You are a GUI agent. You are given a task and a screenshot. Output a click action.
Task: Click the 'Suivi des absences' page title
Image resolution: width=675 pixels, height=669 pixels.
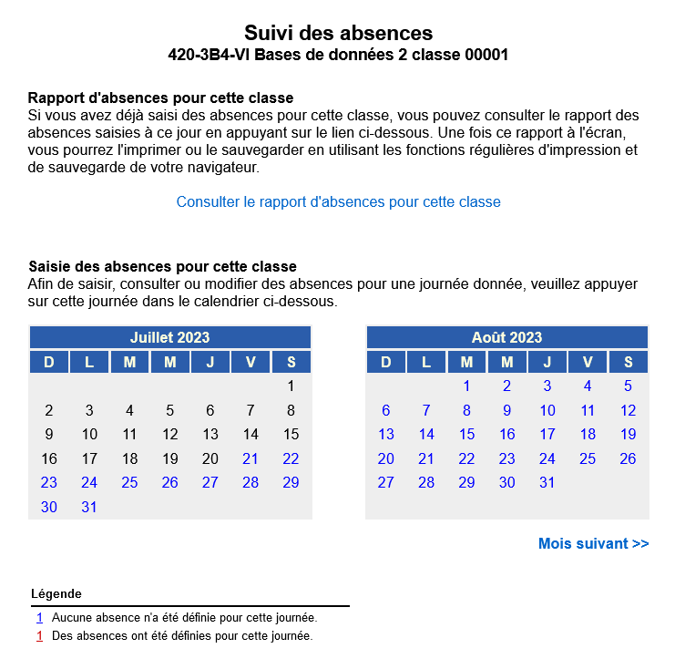[338, 34]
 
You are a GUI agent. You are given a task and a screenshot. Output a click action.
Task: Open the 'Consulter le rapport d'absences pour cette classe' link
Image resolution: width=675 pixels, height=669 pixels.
[338, 201]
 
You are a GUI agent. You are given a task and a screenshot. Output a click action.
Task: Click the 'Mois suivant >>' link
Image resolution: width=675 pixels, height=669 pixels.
[593, 543]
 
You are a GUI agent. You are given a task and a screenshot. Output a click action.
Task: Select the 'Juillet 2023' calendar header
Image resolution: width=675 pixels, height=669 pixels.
[169, 337]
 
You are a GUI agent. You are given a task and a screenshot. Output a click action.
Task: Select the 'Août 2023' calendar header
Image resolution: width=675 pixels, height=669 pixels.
[506, 337]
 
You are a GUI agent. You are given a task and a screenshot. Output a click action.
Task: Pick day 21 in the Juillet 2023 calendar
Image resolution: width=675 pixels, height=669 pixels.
[251, 458]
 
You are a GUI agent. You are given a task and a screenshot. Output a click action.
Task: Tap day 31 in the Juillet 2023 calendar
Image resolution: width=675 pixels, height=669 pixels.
[89, 507]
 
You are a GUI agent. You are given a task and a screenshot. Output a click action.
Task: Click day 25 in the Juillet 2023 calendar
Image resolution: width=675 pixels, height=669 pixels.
[129, 482]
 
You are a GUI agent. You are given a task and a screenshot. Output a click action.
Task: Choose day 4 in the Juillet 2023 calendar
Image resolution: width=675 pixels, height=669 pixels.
[129, 410]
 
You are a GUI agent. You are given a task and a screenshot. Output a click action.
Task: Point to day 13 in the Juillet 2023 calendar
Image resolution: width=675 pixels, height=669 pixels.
[210, 434]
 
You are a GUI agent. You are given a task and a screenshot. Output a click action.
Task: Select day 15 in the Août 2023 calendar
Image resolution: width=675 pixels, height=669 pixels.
[466, 434]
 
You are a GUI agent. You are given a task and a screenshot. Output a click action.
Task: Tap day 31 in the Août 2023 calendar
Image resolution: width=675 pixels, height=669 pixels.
[547, 482]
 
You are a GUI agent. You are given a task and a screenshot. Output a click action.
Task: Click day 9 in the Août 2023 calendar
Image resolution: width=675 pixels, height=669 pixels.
[506, 410]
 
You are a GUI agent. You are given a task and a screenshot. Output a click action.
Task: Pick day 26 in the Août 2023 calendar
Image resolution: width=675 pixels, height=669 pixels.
[628, 458]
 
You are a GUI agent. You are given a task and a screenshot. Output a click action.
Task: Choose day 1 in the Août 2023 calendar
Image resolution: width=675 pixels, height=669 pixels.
[466, 386]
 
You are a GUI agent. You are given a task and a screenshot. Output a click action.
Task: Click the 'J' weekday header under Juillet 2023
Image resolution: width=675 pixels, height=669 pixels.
[210, 362]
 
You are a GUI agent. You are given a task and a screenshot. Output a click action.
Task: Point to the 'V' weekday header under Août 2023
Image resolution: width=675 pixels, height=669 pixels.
[588, 362]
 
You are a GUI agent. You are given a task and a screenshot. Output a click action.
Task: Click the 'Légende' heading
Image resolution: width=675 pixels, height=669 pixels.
[56, 593]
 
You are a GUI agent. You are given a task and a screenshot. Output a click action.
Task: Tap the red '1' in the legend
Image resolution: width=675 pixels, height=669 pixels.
[40, 636]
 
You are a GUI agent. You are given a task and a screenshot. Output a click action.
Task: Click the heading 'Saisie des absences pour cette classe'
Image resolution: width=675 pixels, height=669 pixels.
[162, 266]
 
